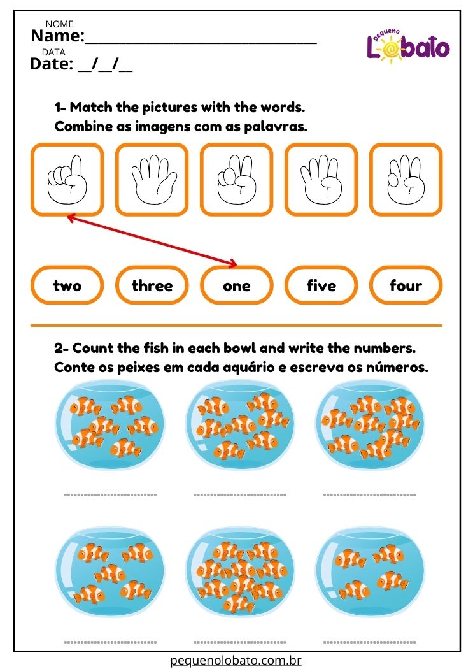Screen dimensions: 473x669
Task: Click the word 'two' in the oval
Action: pyautogui.click(x=67, y=285)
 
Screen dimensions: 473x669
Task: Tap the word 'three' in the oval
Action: pyautogui.click(x=152, y=285)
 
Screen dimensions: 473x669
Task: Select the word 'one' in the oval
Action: pyautogui.click(x=237, y=286)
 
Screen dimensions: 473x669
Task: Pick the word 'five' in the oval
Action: pyautogui.click(x=321, y=285)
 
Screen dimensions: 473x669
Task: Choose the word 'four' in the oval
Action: pyautogui.click(x=406, y=285)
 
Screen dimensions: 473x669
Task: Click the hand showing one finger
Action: pyautogui.click(x=67, y=180)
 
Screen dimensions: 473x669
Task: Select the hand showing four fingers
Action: pyautogui.click(x=321, y=180)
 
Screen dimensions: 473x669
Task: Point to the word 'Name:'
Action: pyautogui.click(x=58, y=36)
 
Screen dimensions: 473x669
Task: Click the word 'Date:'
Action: pyautogui.click(x=52, y=64)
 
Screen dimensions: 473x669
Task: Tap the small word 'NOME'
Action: pyautogui.click(x=59, y=24)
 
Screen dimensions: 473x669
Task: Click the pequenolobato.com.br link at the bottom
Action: pyautogui.click(x=236, y=660)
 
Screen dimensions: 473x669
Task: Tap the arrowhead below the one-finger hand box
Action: pyautogui.click(x=72, y=219)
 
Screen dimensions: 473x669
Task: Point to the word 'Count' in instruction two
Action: pyautogui.click(x=94, y=348)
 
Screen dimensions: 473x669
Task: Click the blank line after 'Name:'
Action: pyautogui.click(x=201, y=43)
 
